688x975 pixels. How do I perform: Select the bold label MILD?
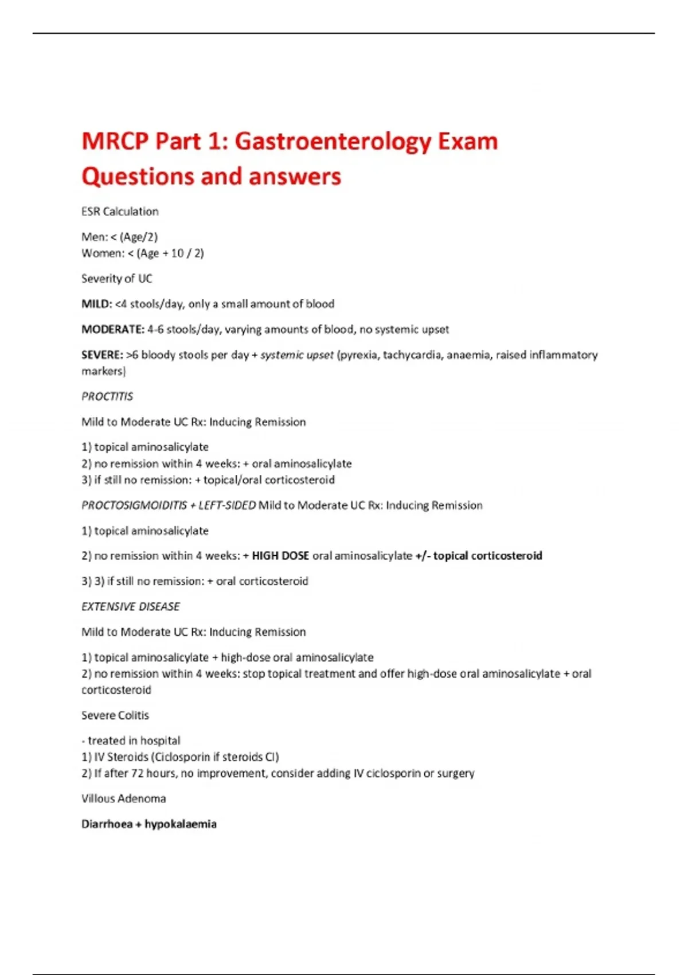click(x=96, y=304)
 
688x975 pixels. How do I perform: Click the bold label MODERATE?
click(x=112, y=329)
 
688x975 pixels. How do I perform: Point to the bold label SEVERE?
click(x=102, y=355)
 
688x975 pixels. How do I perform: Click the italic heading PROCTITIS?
click(x=107, y=396)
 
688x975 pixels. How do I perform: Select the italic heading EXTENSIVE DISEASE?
click(x=131, y=606)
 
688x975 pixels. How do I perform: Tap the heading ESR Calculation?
click(x=120, y=212)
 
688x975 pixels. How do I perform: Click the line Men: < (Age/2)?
click(x=119, y=237)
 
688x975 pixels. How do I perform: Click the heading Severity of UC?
click(x=117, y=279)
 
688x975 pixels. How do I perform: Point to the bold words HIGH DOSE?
click(x=280, y=556)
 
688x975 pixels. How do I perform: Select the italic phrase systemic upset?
click(x=296, y=355)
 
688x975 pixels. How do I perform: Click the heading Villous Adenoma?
click(x=123, y=798)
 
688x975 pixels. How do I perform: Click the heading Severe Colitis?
click(x=115, y=715)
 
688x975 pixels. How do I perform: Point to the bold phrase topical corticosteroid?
click(x=487, y=556)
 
